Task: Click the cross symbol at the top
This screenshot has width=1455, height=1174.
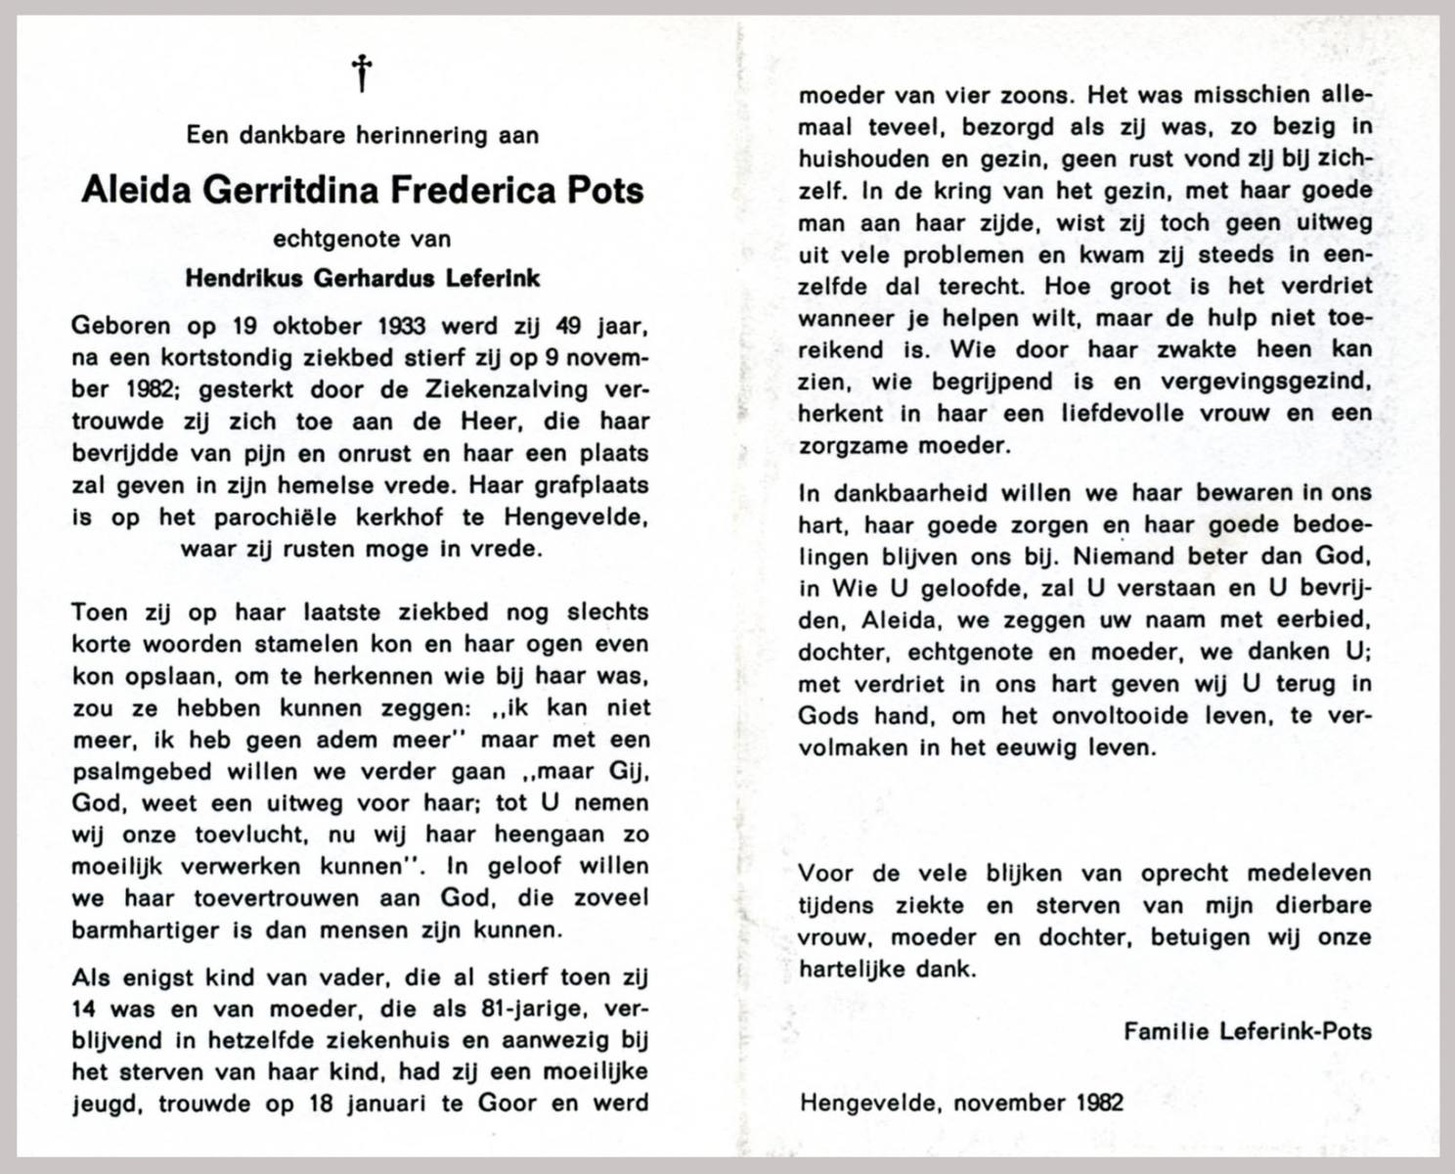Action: (x=362, y=73)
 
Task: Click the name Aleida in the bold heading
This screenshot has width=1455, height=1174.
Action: (x=136, y=190)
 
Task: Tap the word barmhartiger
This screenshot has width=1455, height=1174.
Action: (x=146, y=929)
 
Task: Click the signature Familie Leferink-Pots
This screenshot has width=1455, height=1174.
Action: (x=1247, y=1030)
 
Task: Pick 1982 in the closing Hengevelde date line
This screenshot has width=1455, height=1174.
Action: (x=1099, y=1103)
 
